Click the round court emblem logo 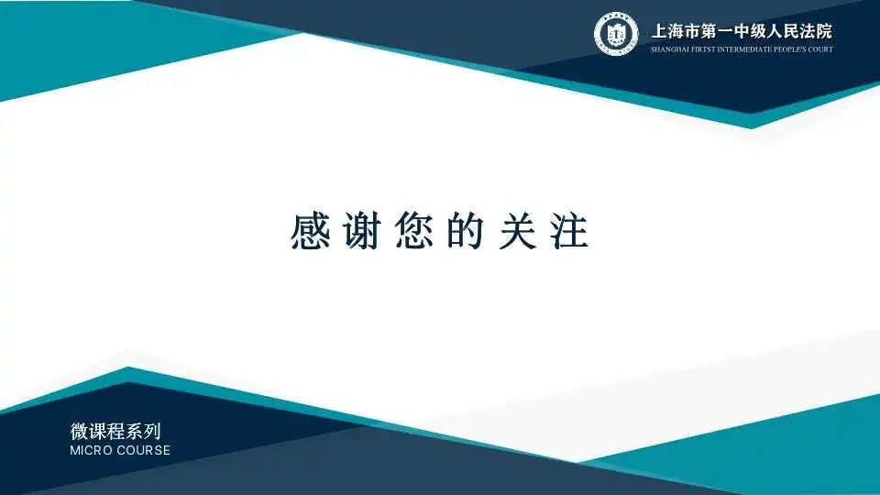click(616, 34)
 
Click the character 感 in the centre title click(310, 231)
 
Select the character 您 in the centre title click(414, 231)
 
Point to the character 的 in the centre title click(466, 231)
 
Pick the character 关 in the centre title click(518, 231)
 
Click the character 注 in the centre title click(569, 231)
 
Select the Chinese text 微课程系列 click(115, 431)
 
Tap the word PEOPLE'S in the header click(789, 49)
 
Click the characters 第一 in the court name click(716, 31)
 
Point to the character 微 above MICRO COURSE click(79, 431)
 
